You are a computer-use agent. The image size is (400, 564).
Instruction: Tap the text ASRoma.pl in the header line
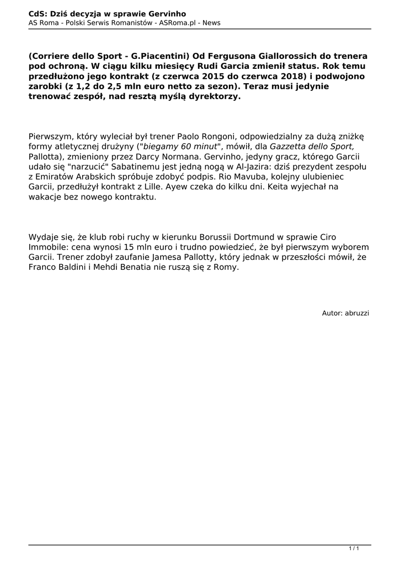pos(177,23)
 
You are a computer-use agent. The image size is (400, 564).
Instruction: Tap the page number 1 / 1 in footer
pos(354,548)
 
